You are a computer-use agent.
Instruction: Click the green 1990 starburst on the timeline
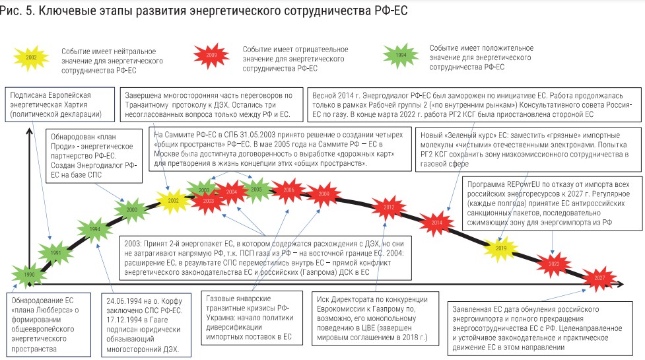pyautogui.click(x=29, y=274)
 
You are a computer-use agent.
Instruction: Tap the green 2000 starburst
pyautogui.click(x=132, y=209)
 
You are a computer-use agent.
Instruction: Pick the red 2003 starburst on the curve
pyautogui.click(x=208, y=199)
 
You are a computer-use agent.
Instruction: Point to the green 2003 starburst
pyautogui.click(x=204, y=190)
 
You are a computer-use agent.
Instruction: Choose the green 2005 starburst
pyautogui.click(x=256, y=189)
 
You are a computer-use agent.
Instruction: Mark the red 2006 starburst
pyautogui.click(x=289, y=190)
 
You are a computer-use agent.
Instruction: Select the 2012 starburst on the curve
pyautogui.click(x=389, y=207)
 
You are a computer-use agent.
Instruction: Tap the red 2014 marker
pyautogui.click(x=436, y=223)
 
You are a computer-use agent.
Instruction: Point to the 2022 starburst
pyautogui.click(x=553, y=264)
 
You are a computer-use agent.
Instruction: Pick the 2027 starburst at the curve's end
pyautogui.click(x=598, y=278)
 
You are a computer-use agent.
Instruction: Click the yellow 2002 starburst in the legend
pyautogui.click(x=31, y=57)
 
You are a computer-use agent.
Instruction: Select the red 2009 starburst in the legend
pyautogui.click(x=211, y=55)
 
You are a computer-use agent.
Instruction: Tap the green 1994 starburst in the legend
pyautogui.click(x=401, y=55)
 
